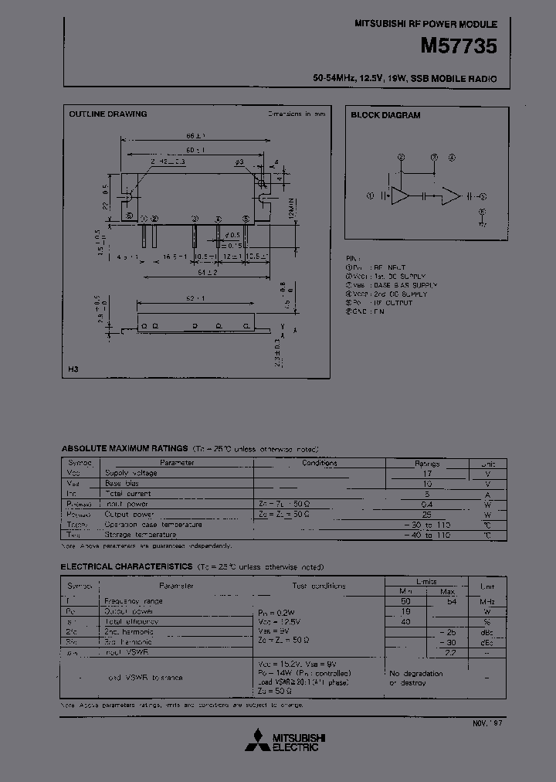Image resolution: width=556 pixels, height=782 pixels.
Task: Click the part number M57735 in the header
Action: click(x=458, y=46)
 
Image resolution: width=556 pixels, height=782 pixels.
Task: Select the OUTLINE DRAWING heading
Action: click(x=108, y=114)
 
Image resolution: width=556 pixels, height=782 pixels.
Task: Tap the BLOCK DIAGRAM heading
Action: click(x=386, y=115)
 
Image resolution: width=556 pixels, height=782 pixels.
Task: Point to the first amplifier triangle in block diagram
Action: click(x=400, y=196)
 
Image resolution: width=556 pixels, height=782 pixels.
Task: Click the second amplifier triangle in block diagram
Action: click(x=450, y=196)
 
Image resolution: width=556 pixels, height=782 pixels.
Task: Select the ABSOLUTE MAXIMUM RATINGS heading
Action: click(x=124, y=448)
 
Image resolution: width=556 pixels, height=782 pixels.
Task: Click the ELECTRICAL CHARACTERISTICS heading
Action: click(x=126, y=567)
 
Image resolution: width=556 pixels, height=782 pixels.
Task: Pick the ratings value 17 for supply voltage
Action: click(x=426, y=473)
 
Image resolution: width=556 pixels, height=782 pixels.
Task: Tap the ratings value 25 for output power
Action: click(x=426, y=514)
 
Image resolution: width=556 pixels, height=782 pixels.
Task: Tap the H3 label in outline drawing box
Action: click(x=74, y=369)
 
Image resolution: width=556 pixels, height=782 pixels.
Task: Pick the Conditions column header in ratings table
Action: click(x=320, y=464)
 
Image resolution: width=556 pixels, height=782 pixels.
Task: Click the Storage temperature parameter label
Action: click(x=141, y=534)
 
